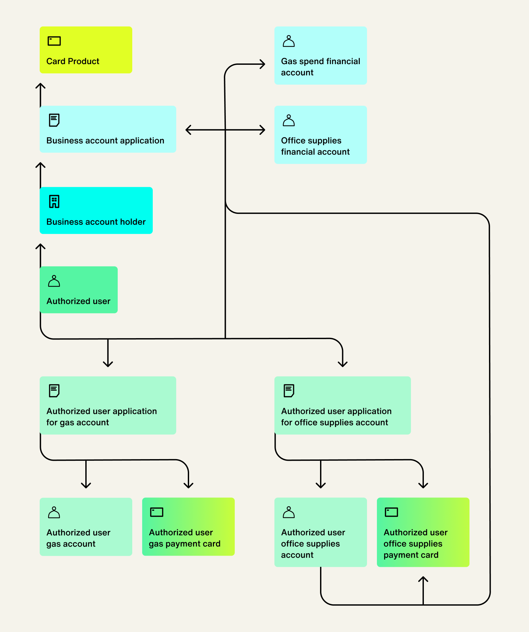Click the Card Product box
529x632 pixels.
(86, 50)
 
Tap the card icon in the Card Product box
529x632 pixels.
(54, 41)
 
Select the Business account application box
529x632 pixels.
(108, 129)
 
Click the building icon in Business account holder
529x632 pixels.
(54, 201)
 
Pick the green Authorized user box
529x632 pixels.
(78, 290)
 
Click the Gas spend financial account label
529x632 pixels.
(320, 67)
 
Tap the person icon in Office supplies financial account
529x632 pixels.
(289, 121)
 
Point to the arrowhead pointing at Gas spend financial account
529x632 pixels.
(263, 64)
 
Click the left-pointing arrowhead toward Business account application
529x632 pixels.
(188, 130)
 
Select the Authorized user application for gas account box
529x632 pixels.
(108, 405)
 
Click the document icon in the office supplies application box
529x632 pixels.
(289, 390)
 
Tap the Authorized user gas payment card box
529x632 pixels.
(188, 527)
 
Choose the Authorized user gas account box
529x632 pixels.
(86, 527)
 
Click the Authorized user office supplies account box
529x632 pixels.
(320, 532)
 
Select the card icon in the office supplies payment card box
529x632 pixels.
(391, 512)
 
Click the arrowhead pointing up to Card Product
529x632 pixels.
(40, 85)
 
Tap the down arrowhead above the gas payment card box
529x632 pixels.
(188, 486)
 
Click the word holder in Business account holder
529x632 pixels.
(133, 222)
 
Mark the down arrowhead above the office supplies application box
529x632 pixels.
(343, 364)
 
